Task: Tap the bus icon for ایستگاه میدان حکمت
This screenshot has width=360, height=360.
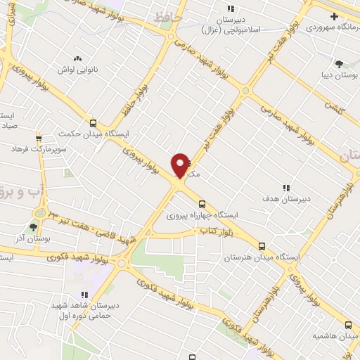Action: pos(92,122)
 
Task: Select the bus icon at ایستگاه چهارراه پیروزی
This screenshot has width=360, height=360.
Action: pos(202,204)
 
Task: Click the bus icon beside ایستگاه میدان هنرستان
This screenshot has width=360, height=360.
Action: pos(262,246)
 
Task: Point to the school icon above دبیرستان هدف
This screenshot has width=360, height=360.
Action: pos(286,188)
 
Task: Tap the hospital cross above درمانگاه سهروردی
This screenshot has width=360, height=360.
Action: pos(334,16)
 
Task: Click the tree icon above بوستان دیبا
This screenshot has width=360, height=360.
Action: pos(340,64)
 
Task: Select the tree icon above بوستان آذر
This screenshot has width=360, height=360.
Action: pos(33,226)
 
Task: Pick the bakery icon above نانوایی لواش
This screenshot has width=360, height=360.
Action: pos(77,59)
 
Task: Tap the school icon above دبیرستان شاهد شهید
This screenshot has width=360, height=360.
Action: pos(84,295)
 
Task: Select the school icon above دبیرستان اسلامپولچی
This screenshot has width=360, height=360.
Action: pos(231,9)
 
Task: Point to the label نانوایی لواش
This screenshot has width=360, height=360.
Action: pos(79,71)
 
